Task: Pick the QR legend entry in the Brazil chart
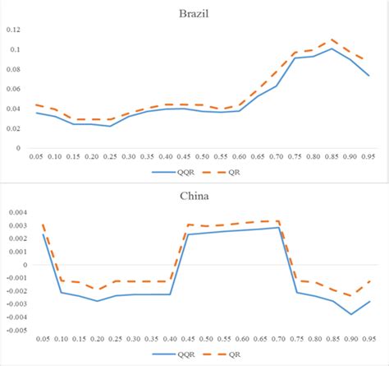click(232, 173)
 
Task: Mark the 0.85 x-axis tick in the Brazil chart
click(332, 155)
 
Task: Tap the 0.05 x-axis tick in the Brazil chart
click(36, 155)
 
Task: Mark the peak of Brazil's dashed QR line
click(332, 39)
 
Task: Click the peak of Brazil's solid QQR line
click(332, 49)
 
